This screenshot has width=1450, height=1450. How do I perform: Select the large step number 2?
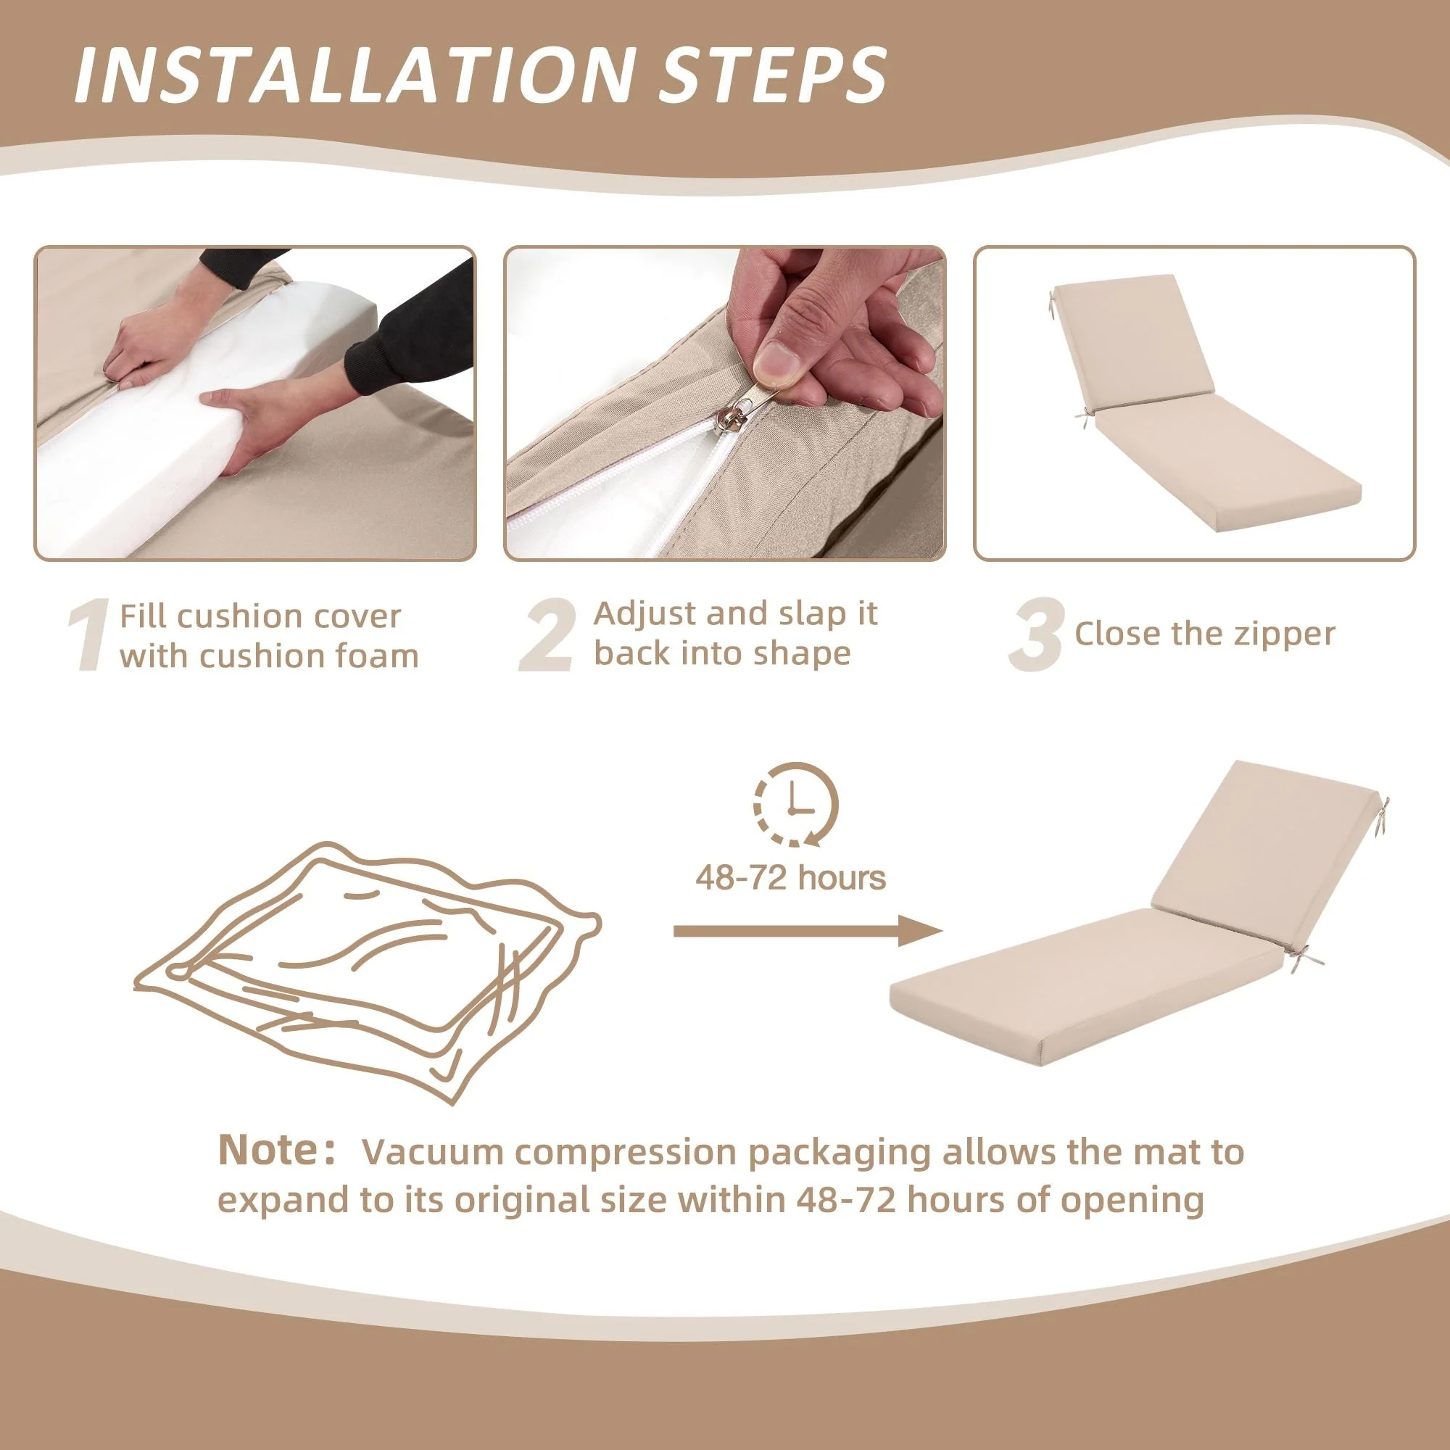click(548, 635)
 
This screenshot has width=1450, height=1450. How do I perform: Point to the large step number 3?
click(1036, 635)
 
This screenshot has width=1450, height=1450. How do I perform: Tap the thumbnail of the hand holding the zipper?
click(725, 403)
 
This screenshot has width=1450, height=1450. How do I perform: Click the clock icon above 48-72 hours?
click(796, 805)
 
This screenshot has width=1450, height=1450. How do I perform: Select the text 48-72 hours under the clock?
click(790, 877)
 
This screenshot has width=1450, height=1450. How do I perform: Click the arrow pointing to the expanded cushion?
click(808, 932)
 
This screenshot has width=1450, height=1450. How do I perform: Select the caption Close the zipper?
click(1204, 634)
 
